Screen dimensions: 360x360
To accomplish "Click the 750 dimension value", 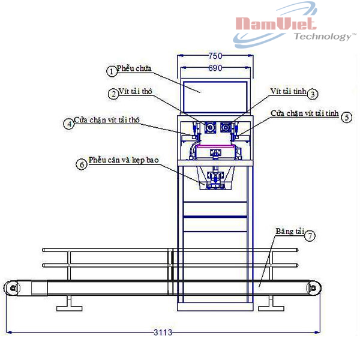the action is [215, 56].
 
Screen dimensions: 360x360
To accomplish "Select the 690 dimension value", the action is [215, 68].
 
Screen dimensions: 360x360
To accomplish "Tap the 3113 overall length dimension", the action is [163, 332].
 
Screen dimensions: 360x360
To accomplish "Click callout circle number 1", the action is [112, 71].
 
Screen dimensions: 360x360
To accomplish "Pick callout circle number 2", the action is [113, 94].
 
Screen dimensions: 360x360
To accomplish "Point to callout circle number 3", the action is [313, 94].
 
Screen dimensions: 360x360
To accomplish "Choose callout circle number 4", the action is [69, 124].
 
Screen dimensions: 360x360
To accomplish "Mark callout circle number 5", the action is [347, 118].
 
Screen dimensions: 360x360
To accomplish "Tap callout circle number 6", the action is [82, 164].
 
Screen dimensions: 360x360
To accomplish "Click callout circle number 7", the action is [310, 236].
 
